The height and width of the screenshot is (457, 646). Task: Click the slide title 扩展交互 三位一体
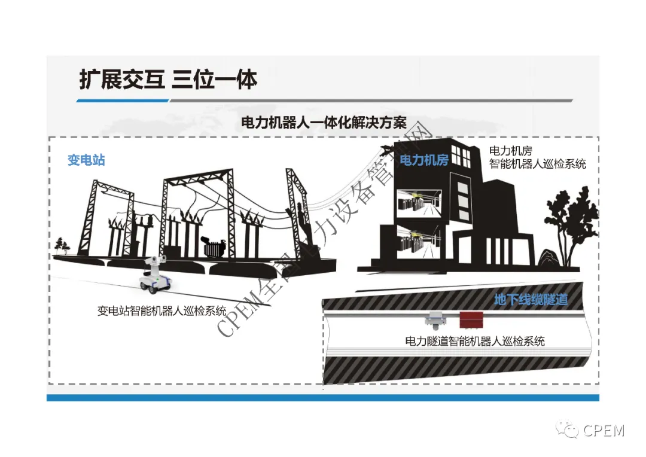coord(168,79)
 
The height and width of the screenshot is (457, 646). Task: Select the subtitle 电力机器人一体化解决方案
coord(324,123)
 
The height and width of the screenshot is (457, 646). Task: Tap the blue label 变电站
coord(87,160)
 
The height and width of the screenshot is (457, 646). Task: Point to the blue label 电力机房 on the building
coord(424,160)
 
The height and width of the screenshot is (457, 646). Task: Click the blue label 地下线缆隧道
coord(531,300)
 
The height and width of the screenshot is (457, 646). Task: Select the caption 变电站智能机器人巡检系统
coord(162,310)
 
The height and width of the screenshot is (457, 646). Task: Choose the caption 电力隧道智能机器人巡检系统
coord(475,341)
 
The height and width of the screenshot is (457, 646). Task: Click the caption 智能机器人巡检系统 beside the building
coord(538,164)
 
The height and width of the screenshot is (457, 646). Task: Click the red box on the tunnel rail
coord(471,320)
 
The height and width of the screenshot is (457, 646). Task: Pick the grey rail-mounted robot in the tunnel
coord(435,321)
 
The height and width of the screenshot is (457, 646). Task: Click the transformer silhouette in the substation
coord(214,247)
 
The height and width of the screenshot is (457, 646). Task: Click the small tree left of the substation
coord(62,246)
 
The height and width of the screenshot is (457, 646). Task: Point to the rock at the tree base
coord(549,258)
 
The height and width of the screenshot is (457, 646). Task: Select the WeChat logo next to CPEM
coord(567,429)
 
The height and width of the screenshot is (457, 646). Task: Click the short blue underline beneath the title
coord(123,100)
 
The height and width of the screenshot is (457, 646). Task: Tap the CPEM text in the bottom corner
coord(604,431)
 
